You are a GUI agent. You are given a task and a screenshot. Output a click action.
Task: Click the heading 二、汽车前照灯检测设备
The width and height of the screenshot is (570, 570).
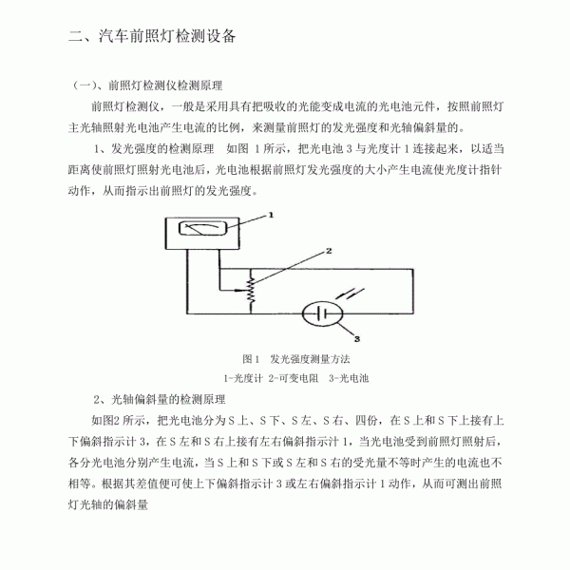(152, 36)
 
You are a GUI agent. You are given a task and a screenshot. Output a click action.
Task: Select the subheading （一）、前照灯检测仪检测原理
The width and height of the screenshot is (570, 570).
(146, 85)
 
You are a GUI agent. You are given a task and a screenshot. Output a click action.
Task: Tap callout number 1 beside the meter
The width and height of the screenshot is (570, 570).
(271, 215)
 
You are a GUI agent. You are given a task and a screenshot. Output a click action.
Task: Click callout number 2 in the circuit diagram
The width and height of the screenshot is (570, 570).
(329, 251)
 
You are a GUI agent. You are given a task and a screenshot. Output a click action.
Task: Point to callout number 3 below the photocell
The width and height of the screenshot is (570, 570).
(357, 339)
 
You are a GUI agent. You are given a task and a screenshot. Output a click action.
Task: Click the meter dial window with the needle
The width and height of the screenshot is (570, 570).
(203, 228)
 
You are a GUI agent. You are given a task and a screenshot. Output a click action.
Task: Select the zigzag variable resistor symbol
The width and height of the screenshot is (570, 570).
(251, 291)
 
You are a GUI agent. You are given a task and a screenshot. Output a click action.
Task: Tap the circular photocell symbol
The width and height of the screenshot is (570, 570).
(322, 313)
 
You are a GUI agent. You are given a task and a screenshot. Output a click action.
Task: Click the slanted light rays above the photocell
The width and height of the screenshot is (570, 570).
(350, 294)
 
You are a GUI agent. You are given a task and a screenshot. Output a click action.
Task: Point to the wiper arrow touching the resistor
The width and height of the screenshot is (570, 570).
(241, 290)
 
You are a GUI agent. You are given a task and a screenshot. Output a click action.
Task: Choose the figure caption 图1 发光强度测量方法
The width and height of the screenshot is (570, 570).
(296, 359)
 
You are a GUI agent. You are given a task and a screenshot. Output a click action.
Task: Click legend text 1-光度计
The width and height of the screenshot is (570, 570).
(243, 378)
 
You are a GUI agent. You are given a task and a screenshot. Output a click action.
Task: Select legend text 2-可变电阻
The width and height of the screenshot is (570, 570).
(294, 378)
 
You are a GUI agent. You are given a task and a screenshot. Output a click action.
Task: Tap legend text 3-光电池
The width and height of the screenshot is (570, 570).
(349, 378)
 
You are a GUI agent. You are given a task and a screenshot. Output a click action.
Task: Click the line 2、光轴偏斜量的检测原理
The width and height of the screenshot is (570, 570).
(160, 400)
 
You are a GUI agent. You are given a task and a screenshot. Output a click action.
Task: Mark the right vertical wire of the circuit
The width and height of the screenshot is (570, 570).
(413, 292)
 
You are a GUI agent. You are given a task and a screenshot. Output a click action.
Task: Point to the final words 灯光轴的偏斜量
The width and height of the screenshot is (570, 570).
(108, 504)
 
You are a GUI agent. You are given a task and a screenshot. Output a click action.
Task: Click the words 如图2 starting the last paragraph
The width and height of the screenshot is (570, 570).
(105, 421)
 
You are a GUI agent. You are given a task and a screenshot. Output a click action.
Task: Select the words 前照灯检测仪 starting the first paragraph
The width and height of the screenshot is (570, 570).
(125, 106)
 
